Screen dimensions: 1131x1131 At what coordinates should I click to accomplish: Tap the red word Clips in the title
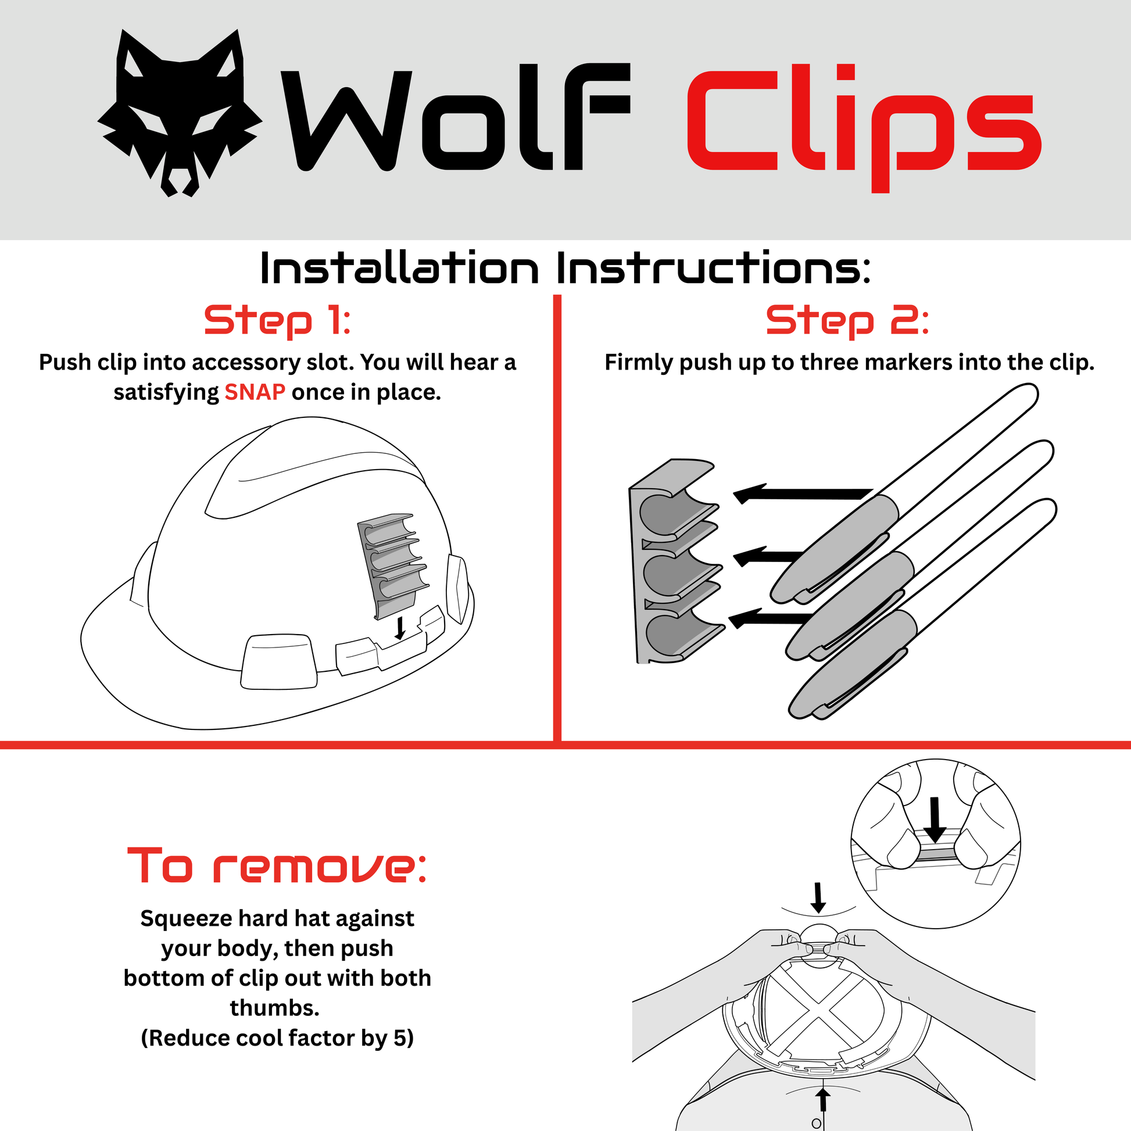pos(864,128)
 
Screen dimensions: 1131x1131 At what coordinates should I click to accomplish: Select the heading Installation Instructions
pos(565,269)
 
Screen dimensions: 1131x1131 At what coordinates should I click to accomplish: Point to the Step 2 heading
pos(847,321)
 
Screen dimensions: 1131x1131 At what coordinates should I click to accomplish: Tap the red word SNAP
pos(255,392)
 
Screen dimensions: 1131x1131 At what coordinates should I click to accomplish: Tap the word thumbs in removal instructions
pos(273,1008)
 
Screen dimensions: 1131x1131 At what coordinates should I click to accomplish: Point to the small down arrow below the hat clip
pos(400,627)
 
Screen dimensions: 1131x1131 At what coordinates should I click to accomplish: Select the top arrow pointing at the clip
pos(803,493)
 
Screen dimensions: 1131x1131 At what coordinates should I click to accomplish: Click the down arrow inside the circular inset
pos(935,819)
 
